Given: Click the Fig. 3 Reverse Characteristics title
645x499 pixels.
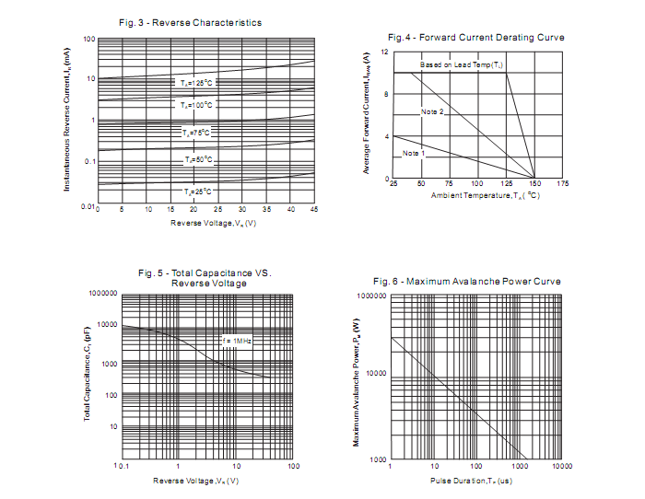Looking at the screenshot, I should (x=190, y=22).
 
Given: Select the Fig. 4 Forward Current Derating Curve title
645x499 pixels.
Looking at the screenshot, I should (x=475, y=38).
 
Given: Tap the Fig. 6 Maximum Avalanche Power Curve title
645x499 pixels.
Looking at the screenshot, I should (x=466, y=281).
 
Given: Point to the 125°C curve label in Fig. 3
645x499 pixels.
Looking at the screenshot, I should (x=195, y=84).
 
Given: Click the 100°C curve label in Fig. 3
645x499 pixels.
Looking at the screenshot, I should (x=195, y=106).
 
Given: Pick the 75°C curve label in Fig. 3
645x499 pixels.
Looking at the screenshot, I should (x=195, y=133).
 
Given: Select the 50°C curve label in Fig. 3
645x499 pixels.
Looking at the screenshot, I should (x=196, y=160).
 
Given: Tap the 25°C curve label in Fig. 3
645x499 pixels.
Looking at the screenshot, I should (x=196, y=191).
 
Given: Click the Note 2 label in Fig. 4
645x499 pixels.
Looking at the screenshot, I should (x=433, y=111).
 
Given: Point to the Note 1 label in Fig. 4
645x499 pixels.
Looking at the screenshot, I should (x=414, y=153).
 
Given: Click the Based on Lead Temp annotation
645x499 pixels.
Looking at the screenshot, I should (x=462, y=65).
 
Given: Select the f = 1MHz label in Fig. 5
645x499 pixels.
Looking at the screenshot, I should (x=237, y=342).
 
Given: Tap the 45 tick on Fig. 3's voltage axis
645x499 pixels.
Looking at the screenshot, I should (x=314, y=210).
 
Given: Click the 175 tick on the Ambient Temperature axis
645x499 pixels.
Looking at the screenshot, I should (x=563, y=184).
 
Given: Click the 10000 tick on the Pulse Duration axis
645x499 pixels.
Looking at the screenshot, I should (x=562, y=467).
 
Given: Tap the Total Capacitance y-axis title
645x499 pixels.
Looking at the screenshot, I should (x=88, y=377).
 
